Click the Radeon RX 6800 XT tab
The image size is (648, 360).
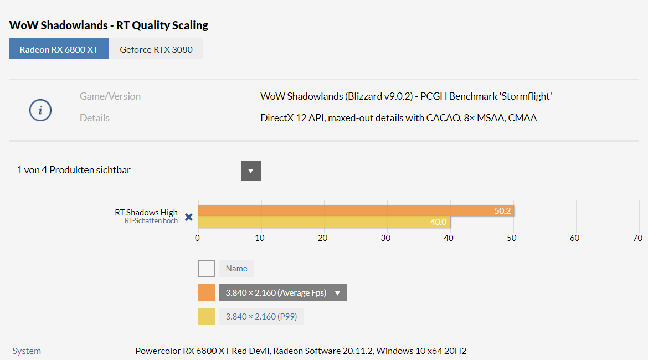(59, 49)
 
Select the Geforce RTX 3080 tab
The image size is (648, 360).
(156, 49)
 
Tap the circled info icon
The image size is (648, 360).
(40, 110)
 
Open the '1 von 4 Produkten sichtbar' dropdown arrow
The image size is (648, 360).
(251, 171)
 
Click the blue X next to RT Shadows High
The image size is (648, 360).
(189, 217)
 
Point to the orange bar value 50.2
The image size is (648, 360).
(502, 211)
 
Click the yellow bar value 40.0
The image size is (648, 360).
(439, 222)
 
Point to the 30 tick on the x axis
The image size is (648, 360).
(385, 238)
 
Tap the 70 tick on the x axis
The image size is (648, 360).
(637, 238)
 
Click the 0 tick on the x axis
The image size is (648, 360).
(198, 238)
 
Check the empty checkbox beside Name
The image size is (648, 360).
(207, 268)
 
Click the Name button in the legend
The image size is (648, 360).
(236, 268)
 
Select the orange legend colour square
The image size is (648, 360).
(207, 292)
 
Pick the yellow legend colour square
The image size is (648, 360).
(207, 317)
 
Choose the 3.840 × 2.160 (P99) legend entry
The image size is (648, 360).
(261, 317)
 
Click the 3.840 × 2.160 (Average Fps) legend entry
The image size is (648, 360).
(282, 292)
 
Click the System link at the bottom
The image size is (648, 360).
(27, 351)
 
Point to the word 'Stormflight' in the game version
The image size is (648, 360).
(526, 96)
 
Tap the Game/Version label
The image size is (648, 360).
(110, 96)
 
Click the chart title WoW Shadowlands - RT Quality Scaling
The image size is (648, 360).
(109, 25)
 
